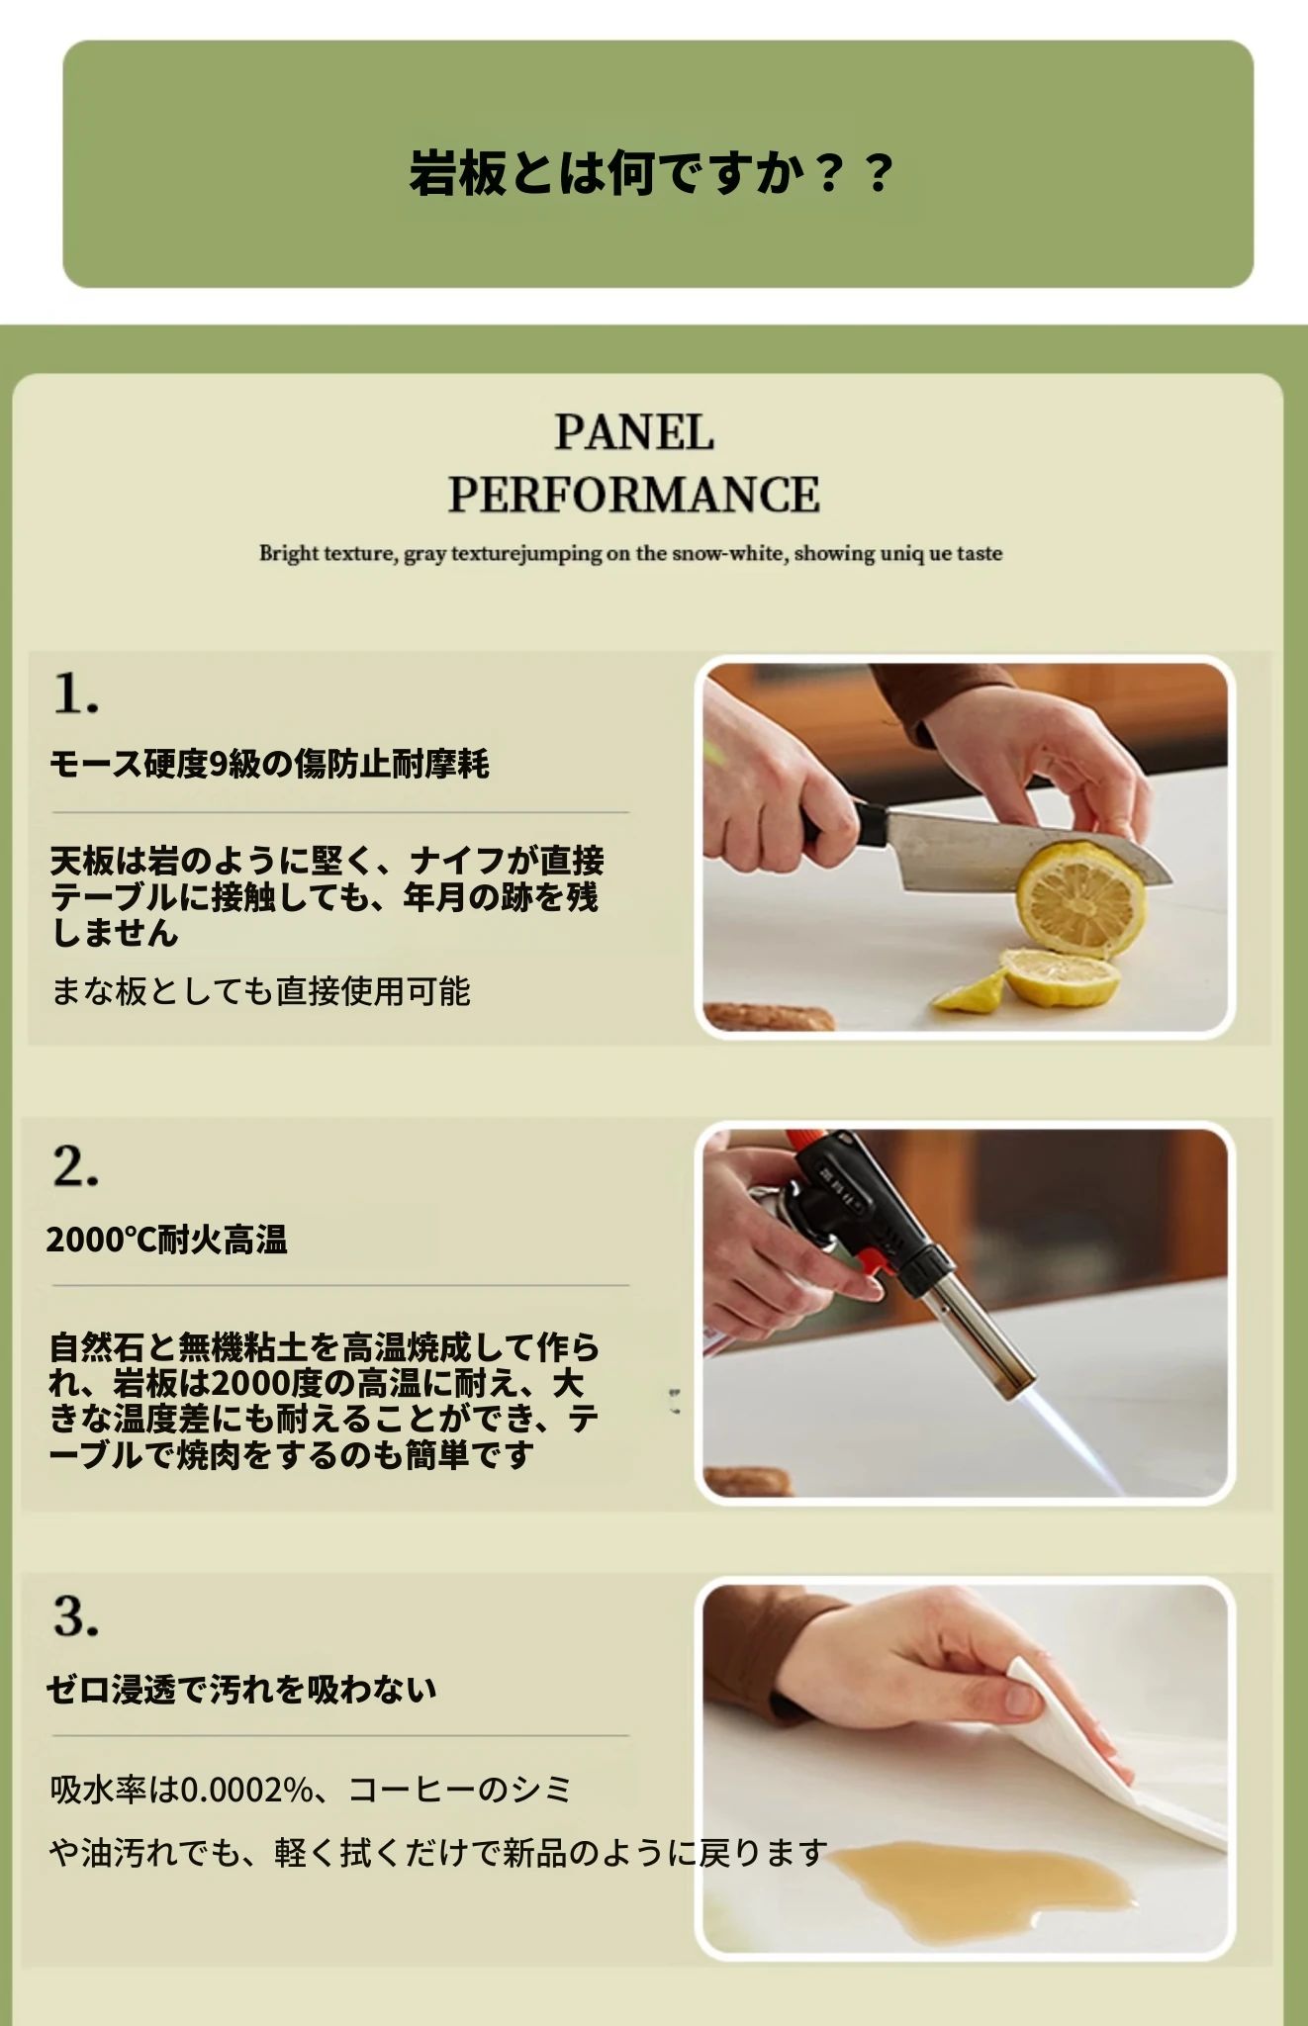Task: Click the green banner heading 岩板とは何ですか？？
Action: (x=652, y=172)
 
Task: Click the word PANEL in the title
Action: (x=633, y=432)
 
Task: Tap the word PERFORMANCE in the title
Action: (x=633, y=495)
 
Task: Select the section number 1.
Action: (x=75, y=692)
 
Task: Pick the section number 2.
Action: (x=75, y=1166)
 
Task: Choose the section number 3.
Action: (x=75, y=1616)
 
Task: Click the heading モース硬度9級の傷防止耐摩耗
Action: (x=269, y=764)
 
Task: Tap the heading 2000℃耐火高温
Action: (x=166, y=1240)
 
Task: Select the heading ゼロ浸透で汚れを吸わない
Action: (x=241, y=1689)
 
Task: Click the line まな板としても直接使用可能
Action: (x=260, y=990)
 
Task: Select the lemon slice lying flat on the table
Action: (x=1061, y=977)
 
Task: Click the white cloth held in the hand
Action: (x=1108, y=1771)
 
